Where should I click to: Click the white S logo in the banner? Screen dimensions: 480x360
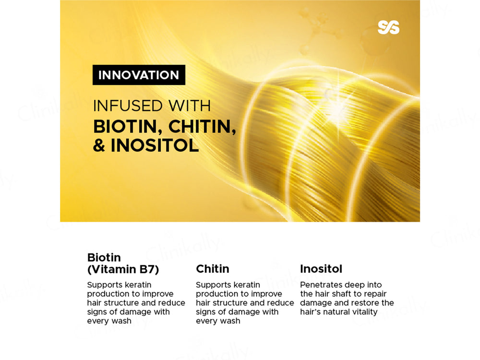click(388, 27)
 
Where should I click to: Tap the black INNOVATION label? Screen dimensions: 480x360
click(139, 75)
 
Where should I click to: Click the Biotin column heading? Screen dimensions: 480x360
click(104, 257)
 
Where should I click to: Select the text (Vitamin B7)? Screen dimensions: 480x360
click(123, 269)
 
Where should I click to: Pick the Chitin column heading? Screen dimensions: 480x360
click(213, 269)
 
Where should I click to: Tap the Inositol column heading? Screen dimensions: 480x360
click(321, 269)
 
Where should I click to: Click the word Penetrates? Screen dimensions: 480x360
click(320, 285)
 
